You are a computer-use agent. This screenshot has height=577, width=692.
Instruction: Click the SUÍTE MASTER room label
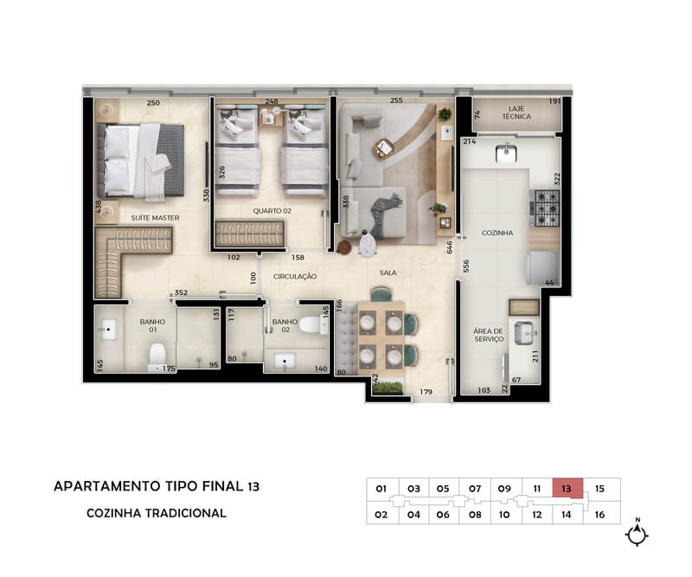(155, 218)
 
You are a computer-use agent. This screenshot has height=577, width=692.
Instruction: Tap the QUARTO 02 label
(272, 210)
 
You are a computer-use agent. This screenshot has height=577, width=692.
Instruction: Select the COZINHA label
(497, 233)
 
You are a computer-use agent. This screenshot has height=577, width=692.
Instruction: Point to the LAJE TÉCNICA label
(516, 112)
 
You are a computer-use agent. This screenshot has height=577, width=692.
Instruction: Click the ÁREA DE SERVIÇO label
(488, 335)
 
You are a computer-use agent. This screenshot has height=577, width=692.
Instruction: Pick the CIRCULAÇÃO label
(295, 276)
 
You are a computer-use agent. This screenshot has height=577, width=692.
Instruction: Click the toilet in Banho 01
(157, 356)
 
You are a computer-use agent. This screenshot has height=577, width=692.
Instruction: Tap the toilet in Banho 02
(313, 325)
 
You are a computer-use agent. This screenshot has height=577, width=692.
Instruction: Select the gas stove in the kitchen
(547, 208)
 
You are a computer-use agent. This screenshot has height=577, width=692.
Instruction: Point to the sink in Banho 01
(109, 330)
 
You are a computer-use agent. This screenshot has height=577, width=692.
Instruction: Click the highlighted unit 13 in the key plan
(567, 488)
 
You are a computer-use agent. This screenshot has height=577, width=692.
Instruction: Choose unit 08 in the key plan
(475, 515)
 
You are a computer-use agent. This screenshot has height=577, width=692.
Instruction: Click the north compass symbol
(637, 534)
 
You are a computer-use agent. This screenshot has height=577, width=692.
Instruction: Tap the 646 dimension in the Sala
(449, 247)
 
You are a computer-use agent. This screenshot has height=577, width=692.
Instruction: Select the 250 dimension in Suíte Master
(153, 103)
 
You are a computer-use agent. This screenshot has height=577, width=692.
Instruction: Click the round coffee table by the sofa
(383, 147)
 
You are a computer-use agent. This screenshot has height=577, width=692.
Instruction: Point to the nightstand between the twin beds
(271, 116)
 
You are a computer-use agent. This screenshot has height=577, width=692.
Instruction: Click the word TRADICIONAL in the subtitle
(186, 513)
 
